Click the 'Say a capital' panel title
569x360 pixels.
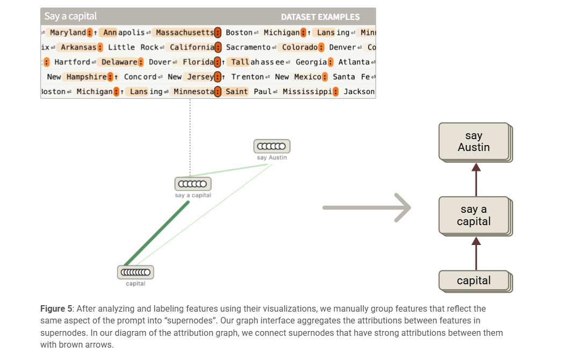click(x=70, y=16)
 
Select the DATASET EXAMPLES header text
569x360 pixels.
click(x=320, y=17)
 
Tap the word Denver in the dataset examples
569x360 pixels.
click(x=342, y=47)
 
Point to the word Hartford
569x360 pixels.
click(x=72, y=62)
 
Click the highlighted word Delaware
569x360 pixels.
click(x=119, y=62)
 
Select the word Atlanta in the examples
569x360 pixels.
click(x=354, y=62)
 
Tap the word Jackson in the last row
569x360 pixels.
click(x=359, y=91)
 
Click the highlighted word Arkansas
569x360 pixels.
click(x=78, y=47)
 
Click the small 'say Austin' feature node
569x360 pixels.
click(x=271, y=146)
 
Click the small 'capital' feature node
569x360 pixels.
click(x=135, y=272)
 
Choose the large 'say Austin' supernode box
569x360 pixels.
click(x=474, y=141)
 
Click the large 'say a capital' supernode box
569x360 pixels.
click(x=474, y=215)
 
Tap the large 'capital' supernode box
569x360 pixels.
click(x=474, y=280)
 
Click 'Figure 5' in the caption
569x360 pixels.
click(x=56, y=309)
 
